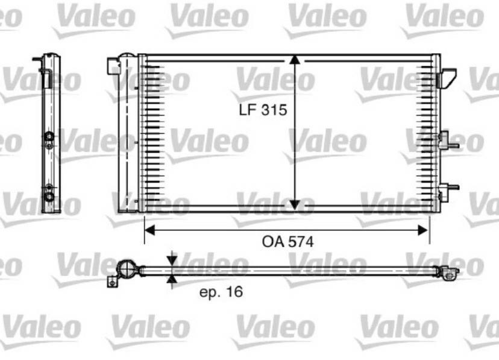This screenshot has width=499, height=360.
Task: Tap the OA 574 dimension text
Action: click(x=287, y=242)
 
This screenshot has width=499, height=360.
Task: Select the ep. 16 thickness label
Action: click(x=221, y=292)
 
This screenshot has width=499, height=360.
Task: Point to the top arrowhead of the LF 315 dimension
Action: click(x=294, y=60)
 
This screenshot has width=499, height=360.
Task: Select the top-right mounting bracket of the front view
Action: click(x=448, y=77)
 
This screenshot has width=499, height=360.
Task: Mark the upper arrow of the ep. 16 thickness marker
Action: click(x=173, y=260)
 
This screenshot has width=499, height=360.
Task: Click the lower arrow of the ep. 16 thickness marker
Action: click(x=173, y=279)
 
